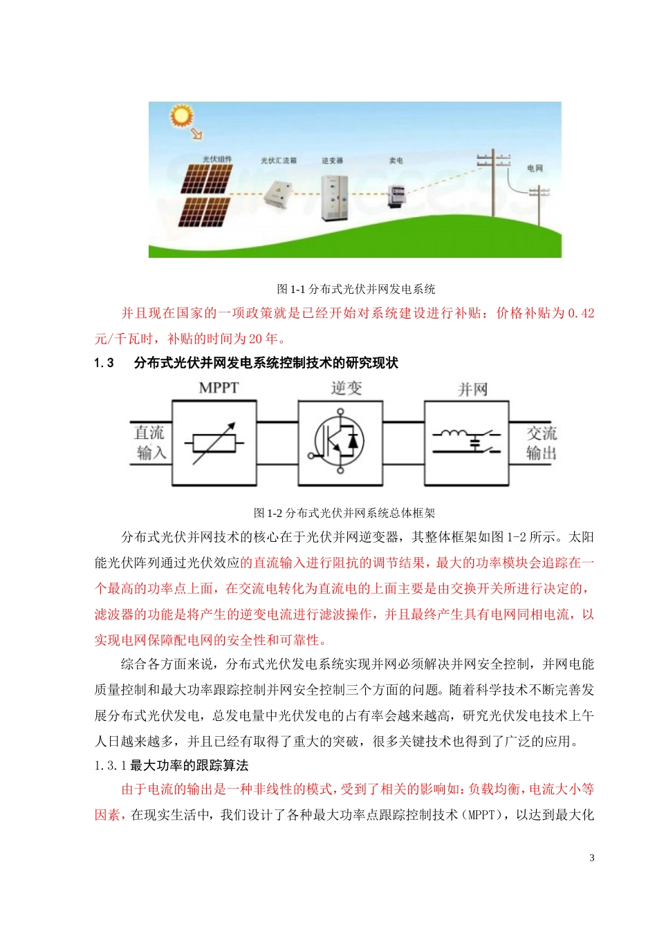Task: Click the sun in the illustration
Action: (182, 116)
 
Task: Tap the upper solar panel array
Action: (206, 179)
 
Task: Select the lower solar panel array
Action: (204, 212)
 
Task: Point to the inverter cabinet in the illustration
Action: (334, 198)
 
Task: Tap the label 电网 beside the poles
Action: (535, 168)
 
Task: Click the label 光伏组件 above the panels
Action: (217, 160)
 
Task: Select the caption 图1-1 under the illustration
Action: (355, 289)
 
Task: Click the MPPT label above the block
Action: (219, 388)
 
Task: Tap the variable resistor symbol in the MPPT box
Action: (214, 443)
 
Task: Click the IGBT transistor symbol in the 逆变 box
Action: (340, 442)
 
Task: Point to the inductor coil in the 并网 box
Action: (452, 434)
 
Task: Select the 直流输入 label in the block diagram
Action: (150, 443)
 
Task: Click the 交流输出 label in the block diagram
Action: (542, 443)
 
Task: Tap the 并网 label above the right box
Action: (472, 389)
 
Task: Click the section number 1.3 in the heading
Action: (104, 364)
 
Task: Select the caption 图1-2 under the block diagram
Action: (344, 513)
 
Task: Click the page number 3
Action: (591, 858)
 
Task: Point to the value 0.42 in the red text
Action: (581, 313)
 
